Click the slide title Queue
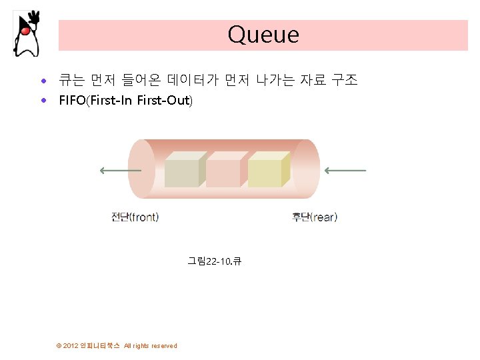click(x=263, y=35)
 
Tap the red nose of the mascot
click(x=25, y=30)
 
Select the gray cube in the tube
click(x=183, y=171)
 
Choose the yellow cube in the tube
click(x=266, y=171)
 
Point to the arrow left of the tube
click(x=120, y=171)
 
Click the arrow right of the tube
click(x=345, y=171)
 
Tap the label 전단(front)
click(x=135, y=217)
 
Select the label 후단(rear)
click(x=315, y=217)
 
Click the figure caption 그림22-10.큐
click(x=214, y=261)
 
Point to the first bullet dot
click(x=43, y=81)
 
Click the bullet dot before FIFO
click(x=43, y=101)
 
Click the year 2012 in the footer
click(x=71, y=345)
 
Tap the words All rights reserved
click(x=151, y=345)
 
